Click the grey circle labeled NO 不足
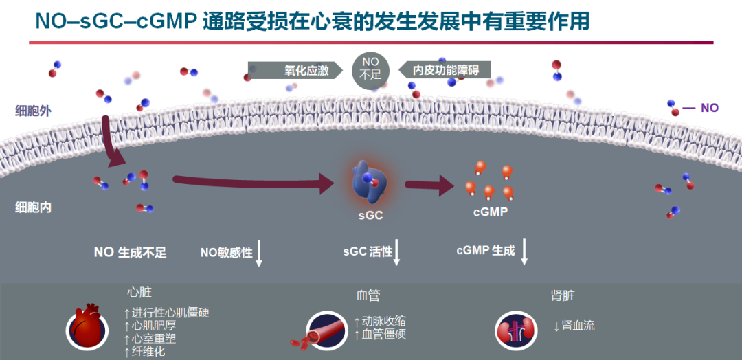click(370, 71)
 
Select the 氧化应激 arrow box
click(295, 71)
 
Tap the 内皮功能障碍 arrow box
click(445, 71)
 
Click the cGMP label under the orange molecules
click(491, 212)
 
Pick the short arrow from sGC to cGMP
click(429, 185)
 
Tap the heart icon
click(87, 326)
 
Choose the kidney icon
click(516, 330)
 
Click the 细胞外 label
click(34, 112)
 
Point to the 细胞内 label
click(34, 207)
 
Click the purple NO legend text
click(709, 108)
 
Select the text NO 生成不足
click(131, 252)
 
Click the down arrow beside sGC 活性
click(397, 253)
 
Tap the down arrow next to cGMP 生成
click(524, 252)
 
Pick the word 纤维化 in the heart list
click(148, 352)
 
